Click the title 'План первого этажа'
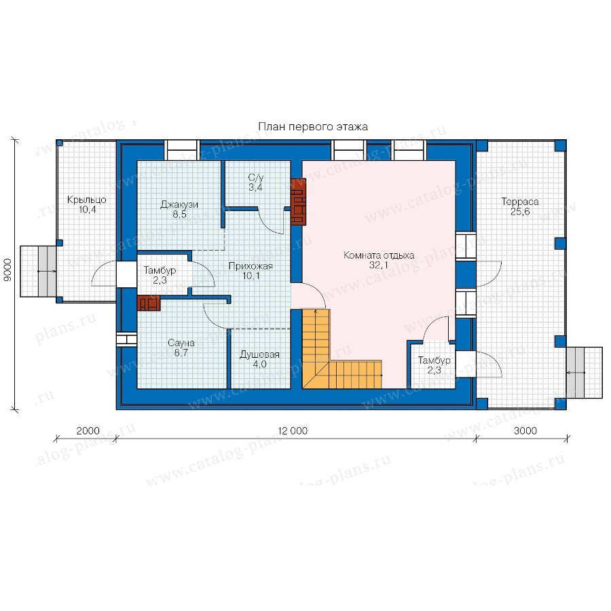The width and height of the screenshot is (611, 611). point(313,127)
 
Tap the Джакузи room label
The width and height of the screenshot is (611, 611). point(179,209)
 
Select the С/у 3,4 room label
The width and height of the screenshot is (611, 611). point(256,183)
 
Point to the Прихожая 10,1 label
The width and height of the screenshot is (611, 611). point(251,271)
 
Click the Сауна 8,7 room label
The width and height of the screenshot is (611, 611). point(181,348)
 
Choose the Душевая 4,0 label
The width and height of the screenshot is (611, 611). point(259,359)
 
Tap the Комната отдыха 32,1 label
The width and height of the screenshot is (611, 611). point(379,260)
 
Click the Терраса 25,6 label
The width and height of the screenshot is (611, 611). point(520,206)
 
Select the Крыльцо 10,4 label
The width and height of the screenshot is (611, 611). point(86,204)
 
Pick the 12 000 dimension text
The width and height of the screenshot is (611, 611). point(293,430)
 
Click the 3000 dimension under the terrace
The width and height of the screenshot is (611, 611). point(525,430)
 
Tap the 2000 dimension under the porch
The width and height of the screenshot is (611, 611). point(88,430)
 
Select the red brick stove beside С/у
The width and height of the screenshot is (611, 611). point(299,202)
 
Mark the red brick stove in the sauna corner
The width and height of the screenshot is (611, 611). point(149,303)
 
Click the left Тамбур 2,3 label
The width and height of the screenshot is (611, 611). point(160,275)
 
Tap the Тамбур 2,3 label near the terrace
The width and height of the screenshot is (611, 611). point(434,365)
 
